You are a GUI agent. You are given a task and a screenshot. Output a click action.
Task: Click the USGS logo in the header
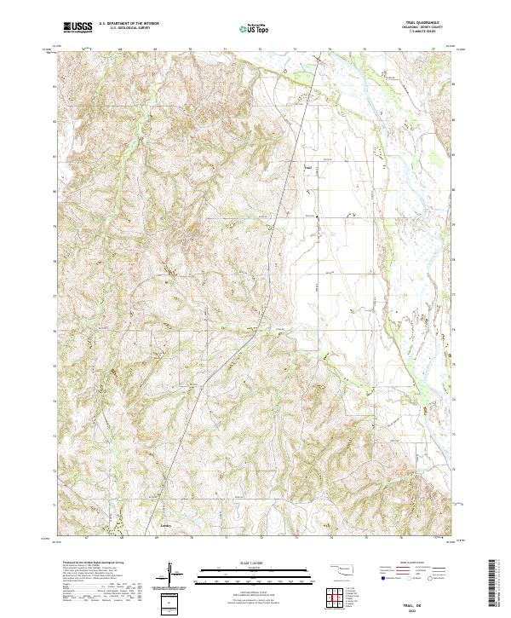(x=78, y=28)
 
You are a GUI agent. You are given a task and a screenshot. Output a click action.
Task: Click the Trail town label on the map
(x=308, y=167)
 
